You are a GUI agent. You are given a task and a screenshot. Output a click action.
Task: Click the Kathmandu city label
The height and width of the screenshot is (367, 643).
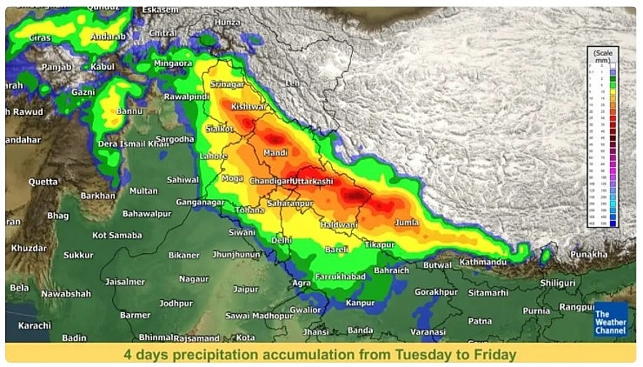tap(483, 261)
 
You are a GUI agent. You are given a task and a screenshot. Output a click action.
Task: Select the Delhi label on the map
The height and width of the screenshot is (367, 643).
tap(282, 239)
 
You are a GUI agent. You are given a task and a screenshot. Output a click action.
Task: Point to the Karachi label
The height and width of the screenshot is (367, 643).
tap(34, 325)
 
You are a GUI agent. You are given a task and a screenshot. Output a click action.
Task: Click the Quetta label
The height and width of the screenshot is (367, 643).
tap(43, 182)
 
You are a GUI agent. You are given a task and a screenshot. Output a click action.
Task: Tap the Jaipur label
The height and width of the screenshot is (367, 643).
tap(246, 288)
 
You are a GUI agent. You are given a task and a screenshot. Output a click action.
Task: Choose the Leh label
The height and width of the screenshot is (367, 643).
tap(291, 83)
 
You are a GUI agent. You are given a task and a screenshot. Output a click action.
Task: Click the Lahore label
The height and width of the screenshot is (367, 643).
tap(214, 157)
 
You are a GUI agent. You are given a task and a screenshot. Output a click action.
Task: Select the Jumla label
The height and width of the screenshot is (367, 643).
tap(408, 224)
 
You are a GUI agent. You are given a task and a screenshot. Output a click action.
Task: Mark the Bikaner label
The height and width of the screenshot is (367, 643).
tap(183, 255)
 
